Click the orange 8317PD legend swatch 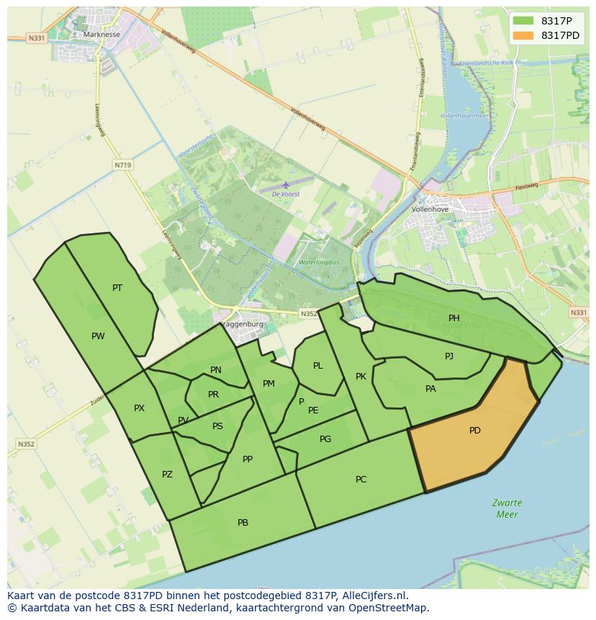click(523, 35)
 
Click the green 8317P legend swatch click(523, 21)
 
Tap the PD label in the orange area click(475, 431)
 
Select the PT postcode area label click(117, 288)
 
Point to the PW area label click(98, 336)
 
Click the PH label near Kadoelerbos click(454, 318)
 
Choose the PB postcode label click(243, 523)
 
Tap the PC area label click(361, 480)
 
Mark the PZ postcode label click(167, 475)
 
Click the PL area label click(318, 366)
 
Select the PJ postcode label click(449, 356)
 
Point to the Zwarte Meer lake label click(507, 508)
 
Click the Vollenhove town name click(430, 210)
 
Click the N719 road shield click(122, 165)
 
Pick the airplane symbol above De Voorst click(286, 185)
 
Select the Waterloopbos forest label click(319, 263)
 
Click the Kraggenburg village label click(241, 324)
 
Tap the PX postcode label click(139, 408)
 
